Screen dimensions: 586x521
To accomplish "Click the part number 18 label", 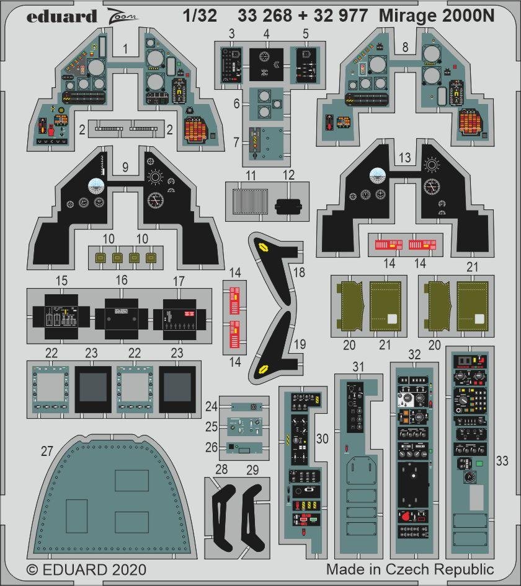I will [299, 272].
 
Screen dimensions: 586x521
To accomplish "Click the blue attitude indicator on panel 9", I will [96, 185].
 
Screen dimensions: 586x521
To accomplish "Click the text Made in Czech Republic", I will [410, 569].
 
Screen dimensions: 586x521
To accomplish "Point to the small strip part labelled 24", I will [244, 406].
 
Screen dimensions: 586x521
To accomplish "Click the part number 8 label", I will [404, 46].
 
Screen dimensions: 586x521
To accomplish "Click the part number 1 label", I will [125, 46].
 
